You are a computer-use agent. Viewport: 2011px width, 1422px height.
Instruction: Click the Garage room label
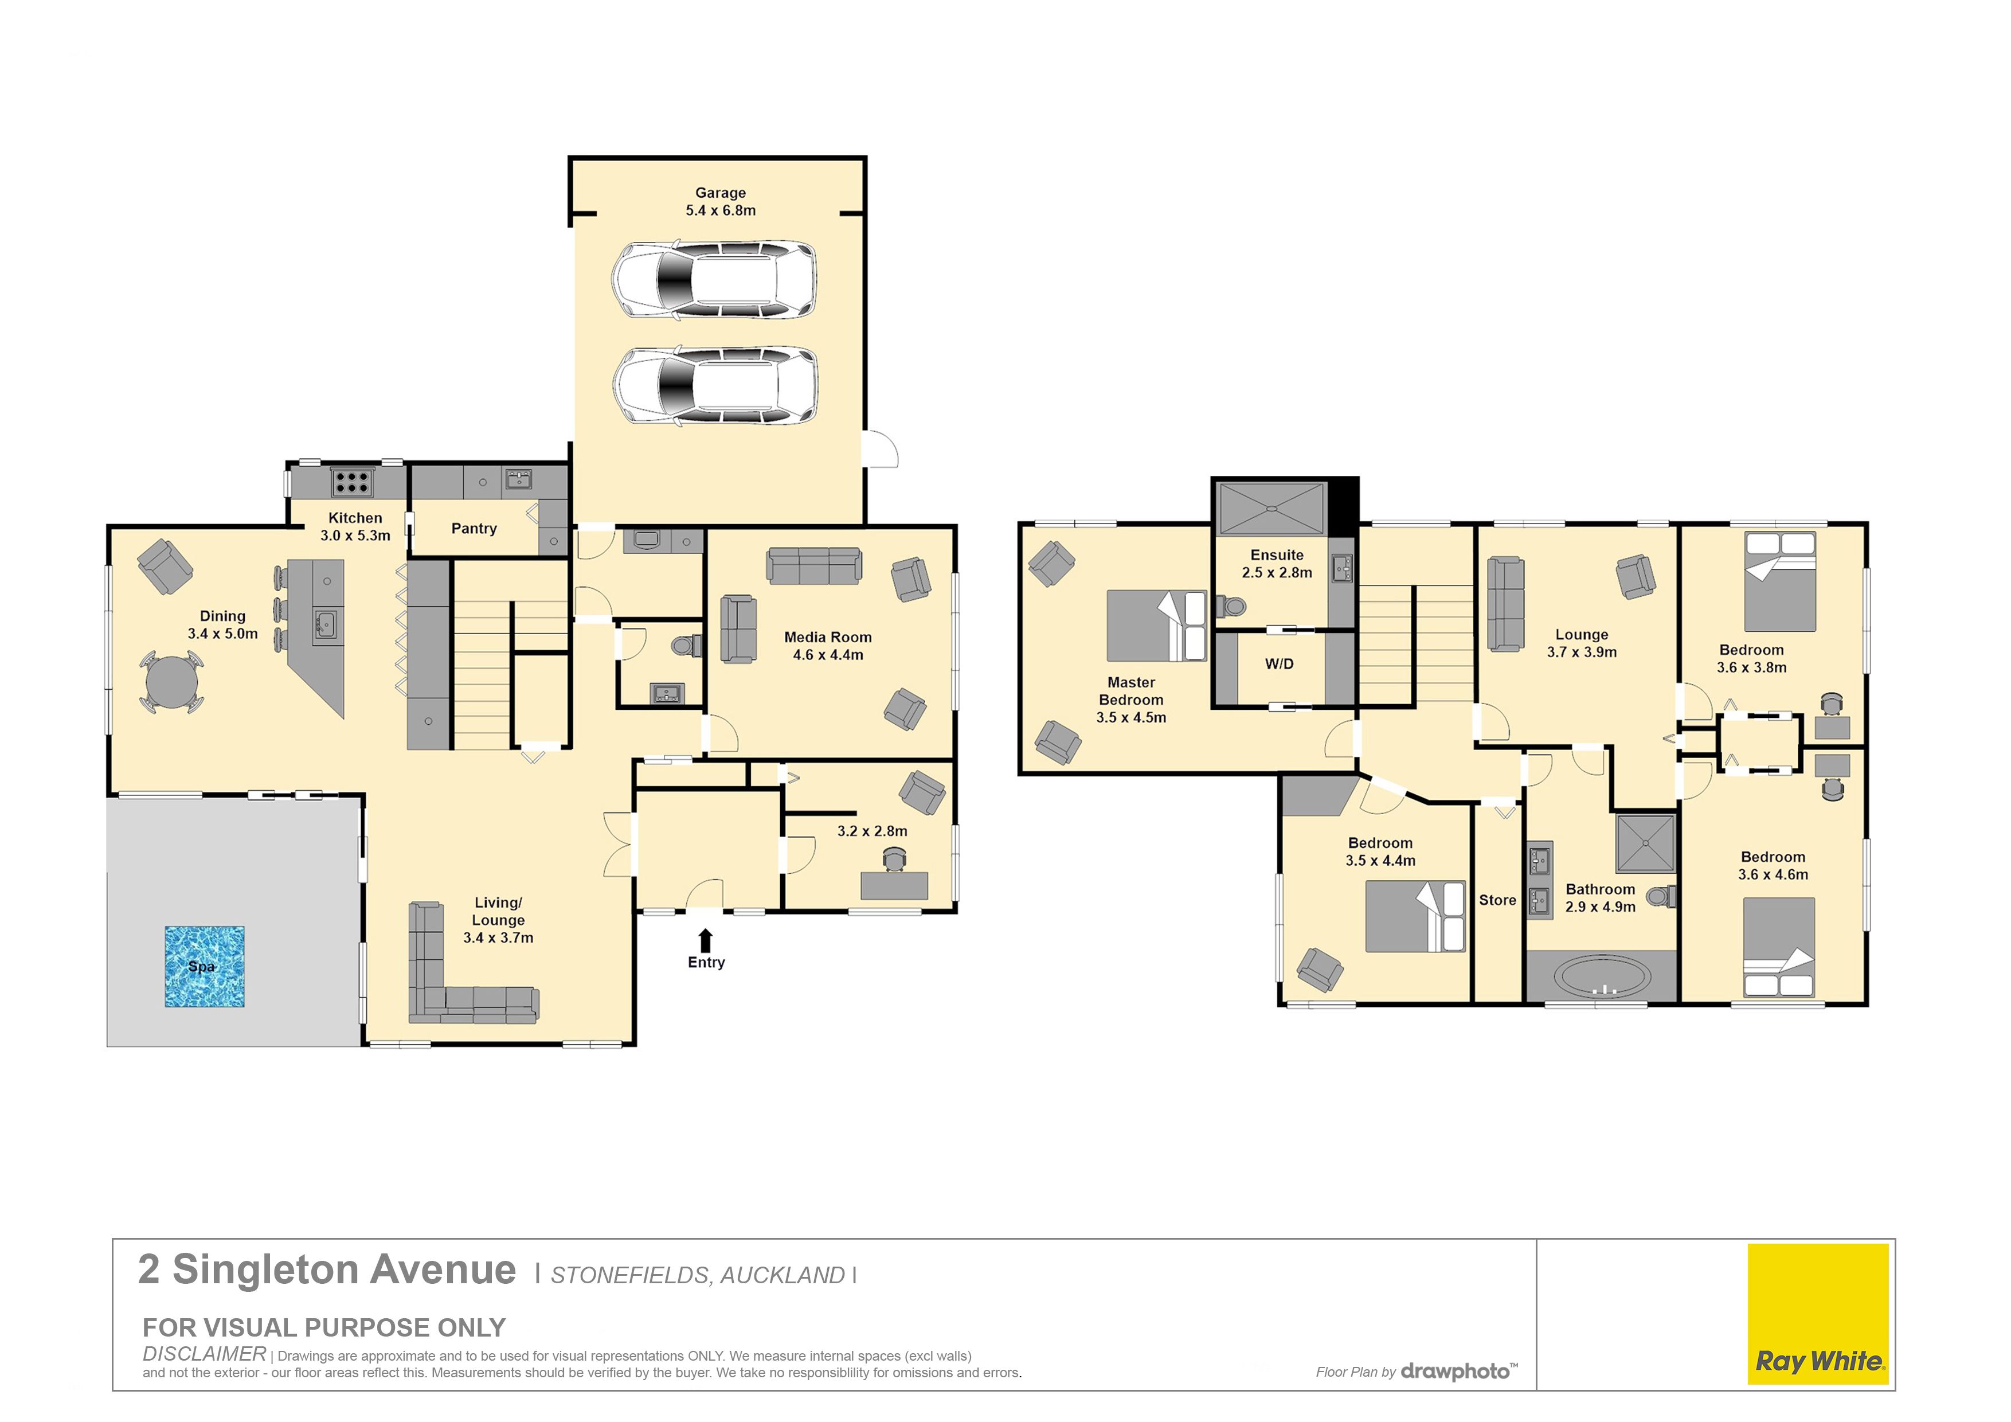pyautogui.click(x=720, y=193)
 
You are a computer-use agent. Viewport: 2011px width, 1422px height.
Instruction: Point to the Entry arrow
pyautogui.click(x=706, y=940)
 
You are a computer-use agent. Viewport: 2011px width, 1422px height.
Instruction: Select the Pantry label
pyautogui.click(x=474, y=528)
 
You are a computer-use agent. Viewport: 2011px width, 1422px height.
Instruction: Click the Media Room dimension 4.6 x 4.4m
pyautogui.click(x=828, y=654)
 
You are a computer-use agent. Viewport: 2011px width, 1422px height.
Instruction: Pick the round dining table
pyautogui.click(x=171, y=682)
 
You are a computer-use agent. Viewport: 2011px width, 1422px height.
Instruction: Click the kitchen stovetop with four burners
pyautogui.click(x=352, y=482)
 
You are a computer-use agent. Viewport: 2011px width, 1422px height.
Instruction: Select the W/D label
pyautogui.click(x=1279, y=664)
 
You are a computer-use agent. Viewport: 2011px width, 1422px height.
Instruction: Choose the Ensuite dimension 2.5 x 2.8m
pyautogui.click(x=1277, y=572)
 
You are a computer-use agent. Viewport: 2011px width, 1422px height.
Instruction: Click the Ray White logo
pyautogui.click(x=1818, y=1314)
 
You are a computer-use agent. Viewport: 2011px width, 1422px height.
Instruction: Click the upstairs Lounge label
pyautogui.click(x=1581, y=634)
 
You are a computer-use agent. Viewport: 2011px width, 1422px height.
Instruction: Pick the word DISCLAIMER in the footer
pyautogui.click(x=204, y=1354)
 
